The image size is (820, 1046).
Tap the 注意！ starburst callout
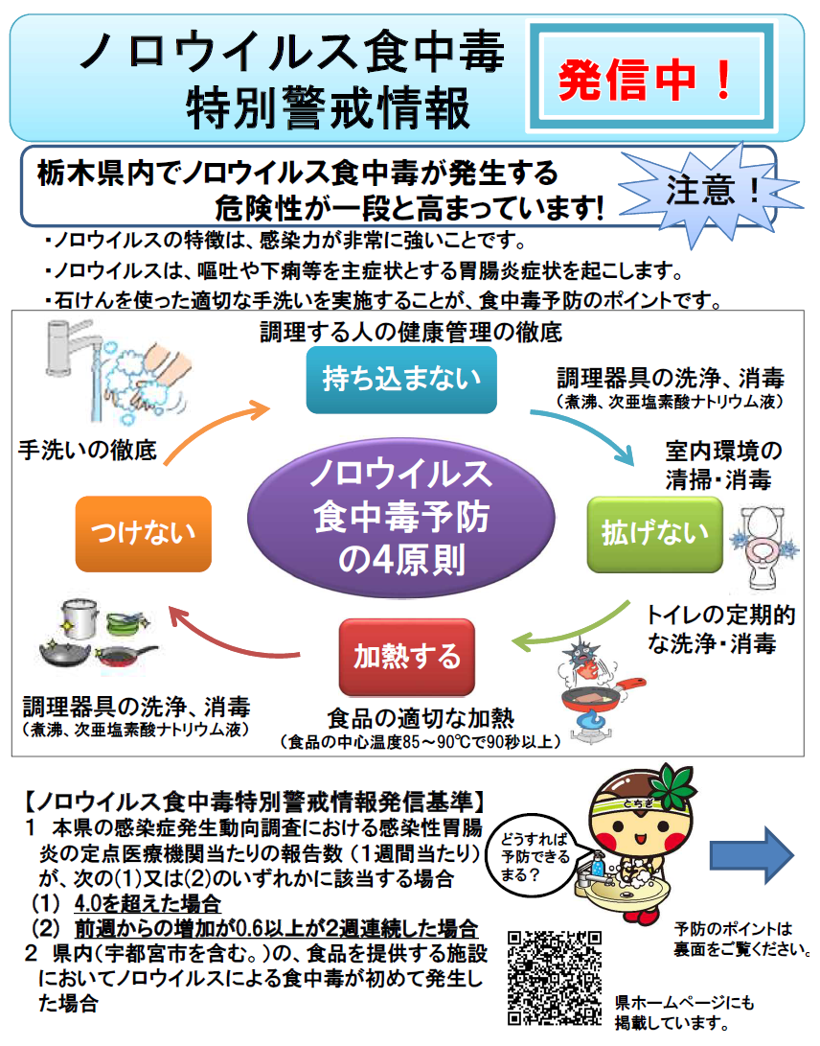point(710,188)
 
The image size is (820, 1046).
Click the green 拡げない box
point(654,534)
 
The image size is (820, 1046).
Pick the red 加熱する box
point(407,657)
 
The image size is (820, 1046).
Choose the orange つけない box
point(143,534)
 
